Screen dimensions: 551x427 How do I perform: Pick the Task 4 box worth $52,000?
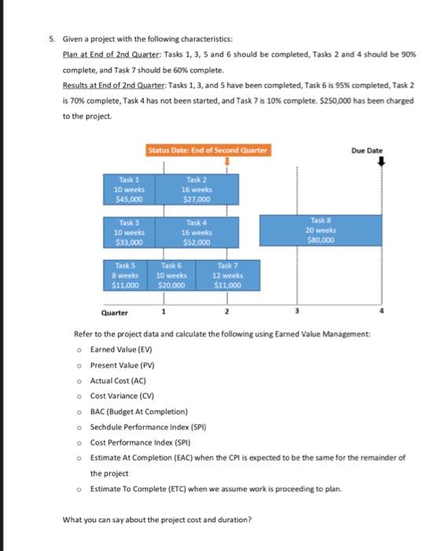[196, 232]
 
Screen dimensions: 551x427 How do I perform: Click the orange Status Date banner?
[207, 150]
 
